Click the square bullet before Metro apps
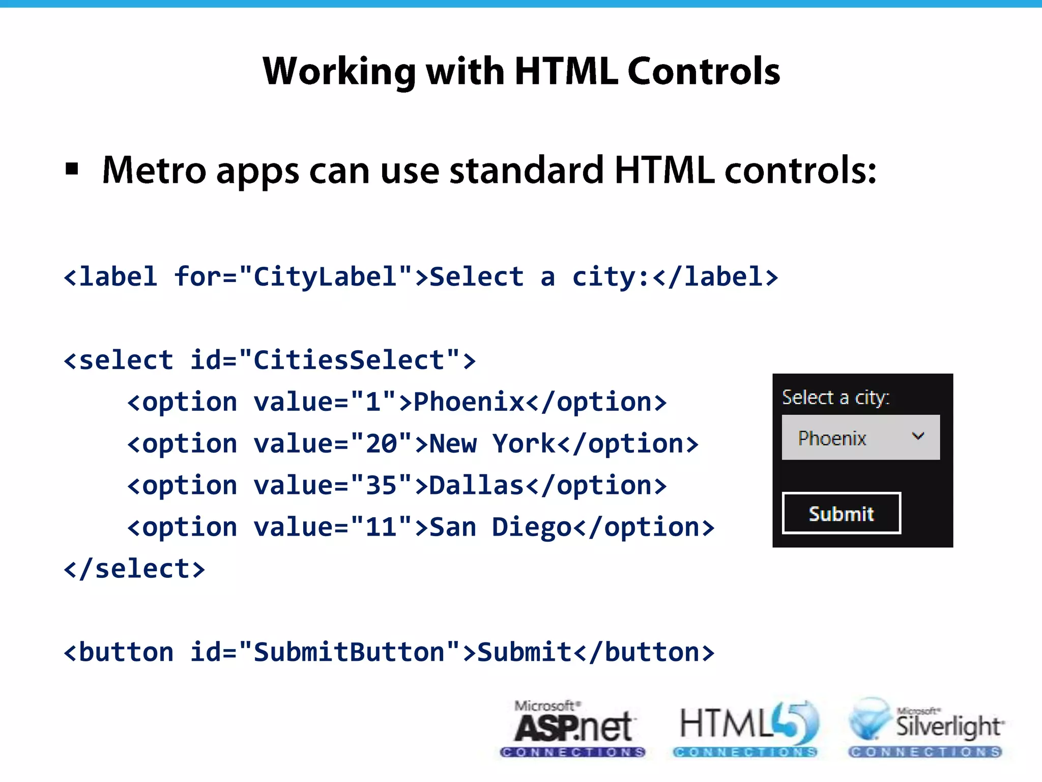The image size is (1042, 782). click(x=72, y=169)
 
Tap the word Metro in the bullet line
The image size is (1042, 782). click(x=154, y=170)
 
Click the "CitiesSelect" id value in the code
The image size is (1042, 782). click(x=349, y=360)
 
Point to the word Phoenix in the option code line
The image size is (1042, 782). click(x=469, y=402)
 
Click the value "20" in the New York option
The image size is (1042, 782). click(x=381, y=444)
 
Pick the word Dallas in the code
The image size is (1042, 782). click(x=476, y=486)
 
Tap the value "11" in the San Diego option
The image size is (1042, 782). click(x=381, y=527)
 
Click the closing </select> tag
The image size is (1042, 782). click(x=134, y=569)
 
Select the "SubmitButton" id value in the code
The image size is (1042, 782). click(x=349, y=653)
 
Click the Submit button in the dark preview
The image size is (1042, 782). click(x=841, y=513)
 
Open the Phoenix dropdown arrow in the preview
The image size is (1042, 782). click(x=918, y=436)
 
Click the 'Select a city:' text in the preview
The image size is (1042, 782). click(x=835, y=398)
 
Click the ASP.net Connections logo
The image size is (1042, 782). click(x=573, y=729)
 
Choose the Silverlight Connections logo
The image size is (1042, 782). click(x=925, y=729)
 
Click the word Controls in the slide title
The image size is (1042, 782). click(x=704, y=71)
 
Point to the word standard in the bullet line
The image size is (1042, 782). click(x=527, y=170)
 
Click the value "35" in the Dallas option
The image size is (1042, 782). click(x=381, y=486)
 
